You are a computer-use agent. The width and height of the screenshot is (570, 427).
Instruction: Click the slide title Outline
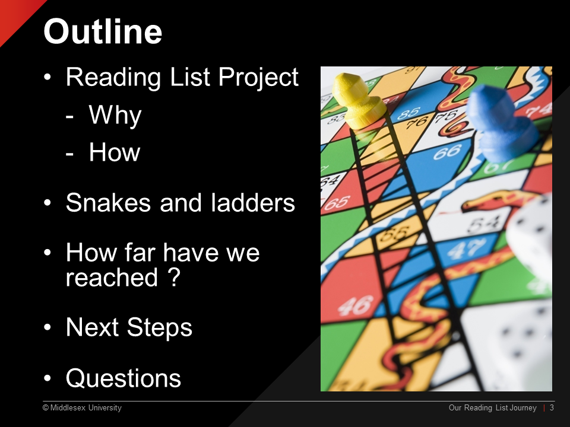tap(103, 31)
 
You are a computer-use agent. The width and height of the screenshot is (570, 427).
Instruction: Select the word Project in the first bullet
tap(258, 78)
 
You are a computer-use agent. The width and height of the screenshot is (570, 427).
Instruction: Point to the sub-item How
tap(115, 152)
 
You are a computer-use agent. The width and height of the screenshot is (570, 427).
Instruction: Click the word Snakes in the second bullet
tap(108, 202)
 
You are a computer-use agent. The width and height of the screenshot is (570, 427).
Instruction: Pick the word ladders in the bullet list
tap(253, 202)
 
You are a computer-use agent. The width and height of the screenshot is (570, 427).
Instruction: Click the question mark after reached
tap(175, 278)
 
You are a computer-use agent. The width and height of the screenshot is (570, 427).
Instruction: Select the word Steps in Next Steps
tap(159, 328)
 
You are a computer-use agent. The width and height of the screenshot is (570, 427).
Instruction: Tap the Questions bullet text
tap(123, 378)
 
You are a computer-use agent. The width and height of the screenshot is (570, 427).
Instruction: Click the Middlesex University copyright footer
tap(82, 408)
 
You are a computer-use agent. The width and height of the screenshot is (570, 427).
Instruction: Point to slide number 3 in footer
tap(552, 408)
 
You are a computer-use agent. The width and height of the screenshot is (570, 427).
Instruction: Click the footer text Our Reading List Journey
tap(493, 408)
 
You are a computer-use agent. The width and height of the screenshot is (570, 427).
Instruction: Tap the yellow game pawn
tap(358, 101)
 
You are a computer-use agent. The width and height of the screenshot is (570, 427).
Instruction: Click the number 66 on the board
tap(447, 152)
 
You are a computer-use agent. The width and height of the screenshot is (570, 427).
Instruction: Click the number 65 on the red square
tap(337, 203)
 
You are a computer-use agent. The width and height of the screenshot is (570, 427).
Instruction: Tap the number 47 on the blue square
tap(465, 250)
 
